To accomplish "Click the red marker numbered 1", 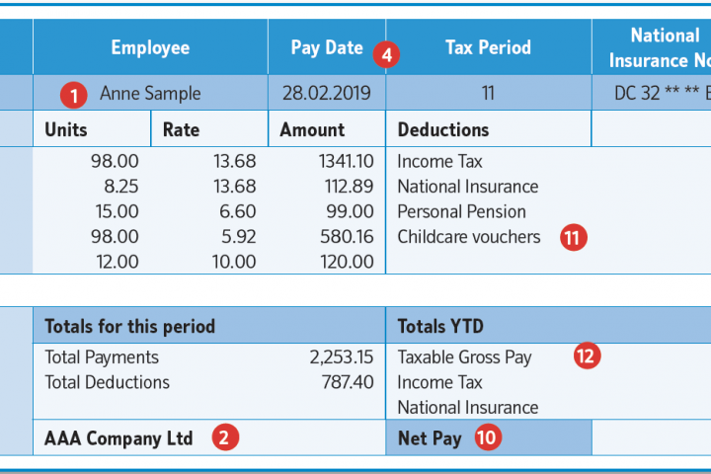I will [72, 95].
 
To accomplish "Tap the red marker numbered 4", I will [387, 54].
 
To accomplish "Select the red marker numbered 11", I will [573, 237].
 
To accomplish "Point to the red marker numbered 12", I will [587, 357].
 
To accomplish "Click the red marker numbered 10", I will [486, 438].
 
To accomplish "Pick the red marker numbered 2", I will [226, 438].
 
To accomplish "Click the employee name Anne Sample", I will [150, 95].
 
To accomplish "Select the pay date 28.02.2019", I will [327, 95].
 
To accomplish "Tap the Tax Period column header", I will [488, 47].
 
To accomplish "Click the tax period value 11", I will [488, 95].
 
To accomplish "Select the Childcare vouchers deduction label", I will [469, 237].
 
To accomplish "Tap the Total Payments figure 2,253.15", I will [341, 357].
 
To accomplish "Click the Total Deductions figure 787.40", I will [348, 382].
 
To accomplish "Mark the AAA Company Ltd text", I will [118, 438].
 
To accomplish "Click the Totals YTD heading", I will [440, 326].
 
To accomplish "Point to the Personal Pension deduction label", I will [461, 211].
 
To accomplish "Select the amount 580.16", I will [347, 237].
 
